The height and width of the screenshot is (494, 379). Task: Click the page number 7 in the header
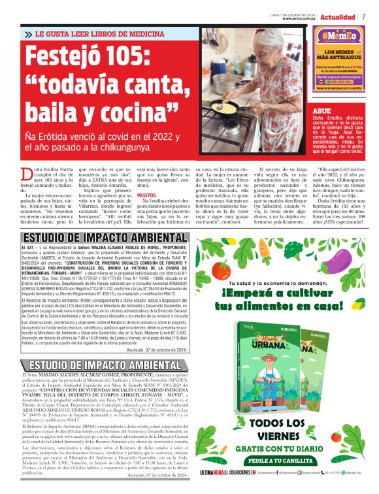[x=364, y=16]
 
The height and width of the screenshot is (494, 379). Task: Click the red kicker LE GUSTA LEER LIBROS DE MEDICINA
[x=104, y=33]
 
